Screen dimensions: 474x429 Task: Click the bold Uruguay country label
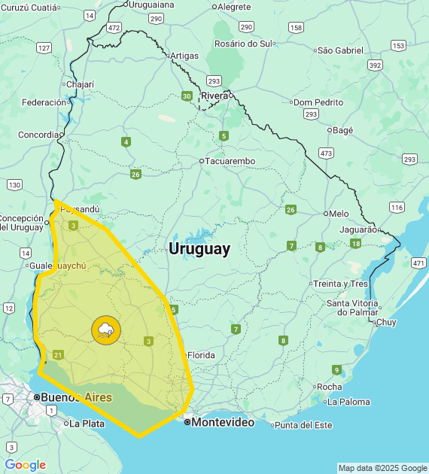pos(199,249)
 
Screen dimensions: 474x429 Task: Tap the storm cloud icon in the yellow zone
pos(105,330)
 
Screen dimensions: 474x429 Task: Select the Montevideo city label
pos(223,423)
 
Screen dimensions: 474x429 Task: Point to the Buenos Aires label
pos(76,397)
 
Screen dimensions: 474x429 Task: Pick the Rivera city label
pos(214,96)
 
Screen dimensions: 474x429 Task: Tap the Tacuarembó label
pos(230,161)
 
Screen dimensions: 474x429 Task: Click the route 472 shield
pos(114,28)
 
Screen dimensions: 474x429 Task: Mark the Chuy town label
pos(385,322)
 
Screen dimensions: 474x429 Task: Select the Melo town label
pos(339,214)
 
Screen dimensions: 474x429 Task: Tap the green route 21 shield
pos(59,355)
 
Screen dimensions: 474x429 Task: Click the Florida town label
pos(201,355)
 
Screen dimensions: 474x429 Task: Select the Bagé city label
pos(342,130)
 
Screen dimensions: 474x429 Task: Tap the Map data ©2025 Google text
pos(382,468)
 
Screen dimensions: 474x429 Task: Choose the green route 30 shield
pos(186,96)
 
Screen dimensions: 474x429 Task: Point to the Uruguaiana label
pos(151,5)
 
